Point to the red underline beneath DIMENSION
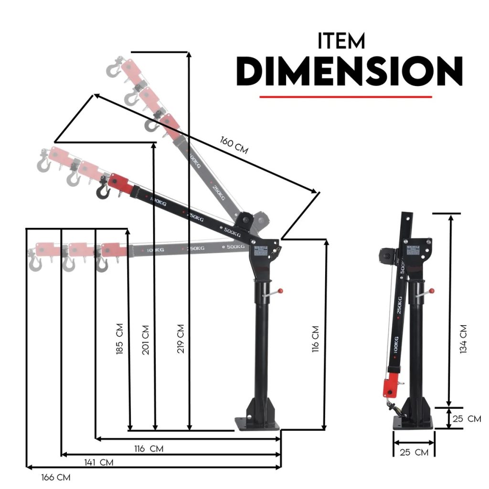point(345,97)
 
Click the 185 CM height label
point(119,339)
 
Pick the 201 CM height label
point(146,340)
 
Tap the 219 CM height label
point(180,339)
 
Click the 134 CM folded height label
point(463,339)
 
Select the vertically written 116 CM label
point(315,339)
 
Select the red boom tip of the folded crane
point(389,387)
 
